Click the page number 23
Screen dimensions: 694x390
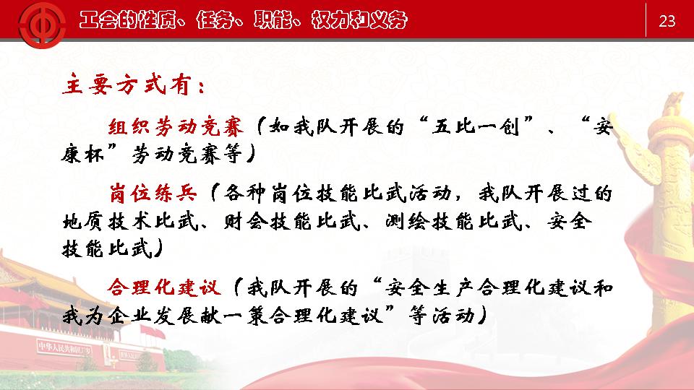(x=667, y=21)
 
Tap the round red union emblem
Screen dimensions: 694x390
(x=42, y=25)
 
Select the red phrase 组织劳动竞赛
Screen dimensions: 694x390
(x=176, y=127)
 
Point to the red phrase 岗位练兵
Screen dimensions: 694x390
(x=153, y=194)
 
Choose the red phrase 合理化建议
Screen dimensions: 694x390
(x=164, y=287)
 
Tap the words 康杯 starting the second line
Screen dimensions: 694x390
(x=83, y=155)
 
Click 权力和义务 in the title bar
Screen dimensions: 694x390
(x=359, y=20)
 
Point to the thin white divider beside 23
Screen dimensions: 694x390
(x=646, y=20)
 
